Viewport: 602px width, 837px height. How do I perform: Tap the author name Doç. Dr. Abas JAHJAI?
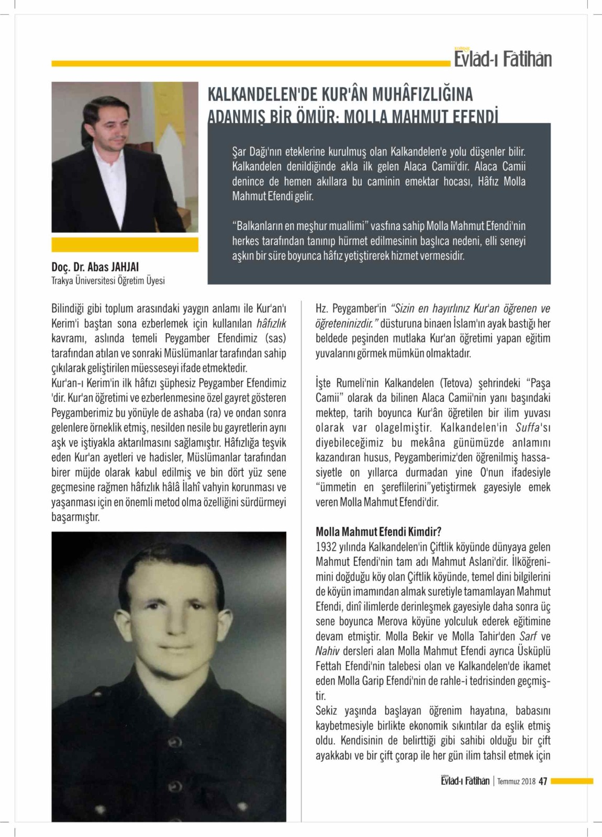[x=95, y=267]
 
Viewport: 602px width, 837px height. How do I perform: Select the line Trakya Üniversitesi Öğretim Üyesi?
[x=108, y=281]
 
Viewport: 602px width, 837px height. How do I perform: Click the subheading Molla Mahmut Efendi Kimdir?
[x=378, y=532]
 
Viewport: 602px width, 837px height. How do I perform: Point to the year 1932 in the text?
[x=326, y=547]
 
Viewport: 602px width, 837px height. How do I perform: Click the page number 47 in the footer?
[x=543, y=781]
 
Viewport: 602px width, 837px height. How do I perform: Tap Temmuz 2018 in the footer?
[x=516, y=782]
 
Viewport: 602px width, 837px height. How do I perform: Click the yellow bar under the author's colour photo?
[x=125, y=245]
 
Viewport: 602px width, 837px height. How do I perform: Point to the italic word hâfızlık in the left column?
[x=271, y=323]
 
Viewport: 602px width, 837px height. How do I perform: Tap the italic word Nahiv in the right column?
[x=327, y=651]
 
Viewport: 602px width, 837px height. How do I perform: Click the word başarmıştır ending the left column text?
[x=75, y=517]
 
